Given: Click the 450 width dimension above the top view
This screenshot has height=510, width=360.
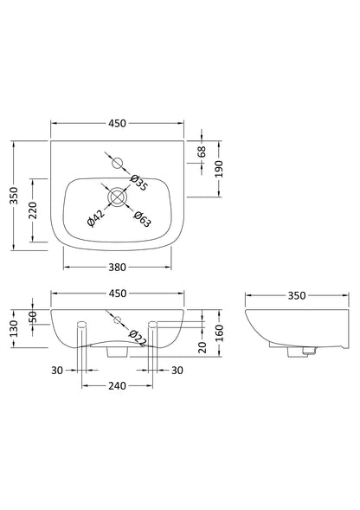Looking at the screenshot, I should [117, 125].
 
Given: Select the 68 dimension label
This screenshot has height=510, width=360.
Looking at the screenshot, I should [202, 152].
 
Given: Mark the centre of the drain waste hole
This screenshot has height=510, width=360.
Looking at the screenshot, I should [116, 197].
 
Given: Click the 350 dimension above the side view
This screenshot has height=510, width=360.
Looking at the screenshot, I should [296, 295].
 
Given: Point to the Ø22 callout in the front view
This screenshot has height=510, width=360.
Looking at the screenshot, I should [135, 334].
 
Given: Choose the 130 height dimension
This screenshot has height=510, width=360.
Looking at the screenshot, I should [13, 331].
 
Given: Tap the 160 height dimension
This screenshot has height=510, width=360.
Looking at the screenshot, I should [219, 331].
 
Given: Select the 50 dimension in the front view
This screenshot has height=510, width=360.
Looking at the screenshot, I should [33, 319].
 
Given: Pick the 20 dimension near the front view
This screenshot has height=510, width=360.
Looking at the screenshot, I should [200, 347].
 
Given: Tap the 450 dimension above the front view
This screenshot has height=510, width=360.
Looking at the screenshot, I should [117, 292].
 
